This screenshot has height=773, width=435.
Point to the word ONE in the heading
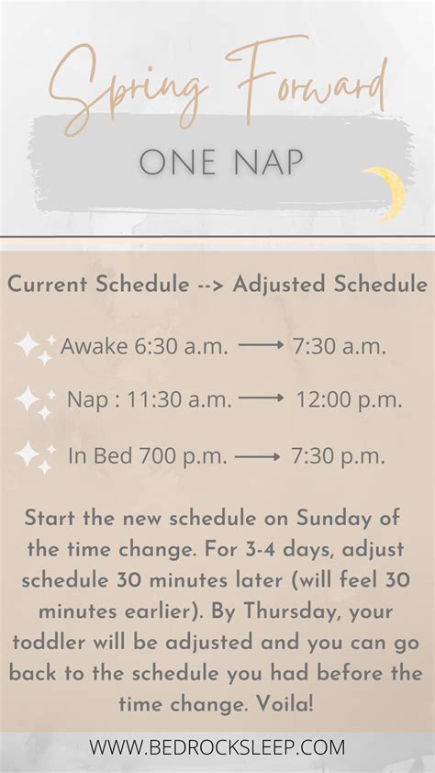coord(174,163)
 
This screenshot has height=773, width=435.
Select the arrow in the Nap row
coord(262,399)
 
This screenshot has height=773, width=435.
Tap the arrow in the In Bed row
coord(258,455)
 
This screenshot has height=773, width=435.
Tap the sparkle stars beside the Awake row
coord(35,347)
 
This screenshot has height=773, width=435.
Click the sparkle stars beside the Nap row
coord(35,401)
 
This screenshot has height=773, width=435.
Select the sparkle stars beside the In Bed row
coord(35,456)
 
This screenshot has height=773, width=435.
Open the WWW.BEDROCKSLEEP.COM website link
coord(217,746)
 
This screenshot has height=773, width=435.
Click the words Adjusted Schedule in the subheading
coord(330,285)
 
